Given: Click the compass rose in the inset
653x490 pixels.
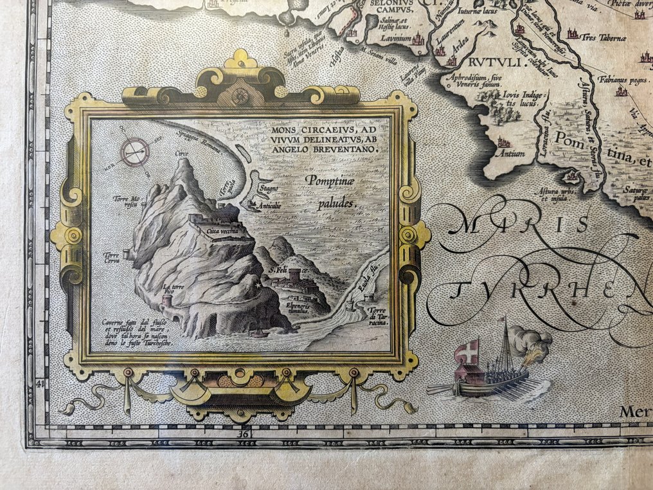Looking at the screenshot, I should click(135, 152).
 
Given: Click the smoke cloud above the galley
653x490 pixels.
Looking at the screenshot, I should click(533, 341).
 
